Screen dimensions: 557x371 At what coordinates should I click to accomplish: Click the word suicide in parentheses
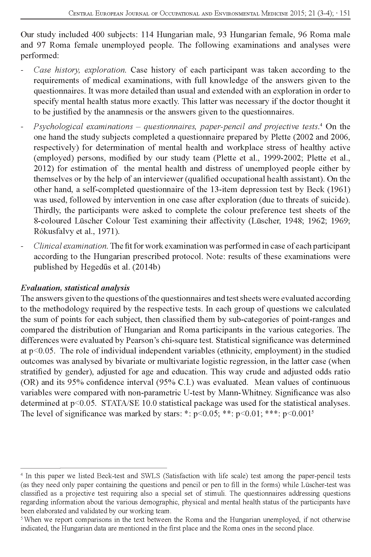click(x=339, y=200)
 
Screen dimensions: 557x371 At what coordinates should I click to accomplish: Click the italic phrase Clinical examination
click(x=70, y=246)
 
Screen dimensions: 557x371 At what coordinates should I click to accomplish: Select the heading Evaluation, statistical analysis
click(x=75, y=288)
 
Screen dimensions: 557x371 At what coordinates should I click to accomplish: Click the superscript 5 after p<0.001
click(x=313, y=412)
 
